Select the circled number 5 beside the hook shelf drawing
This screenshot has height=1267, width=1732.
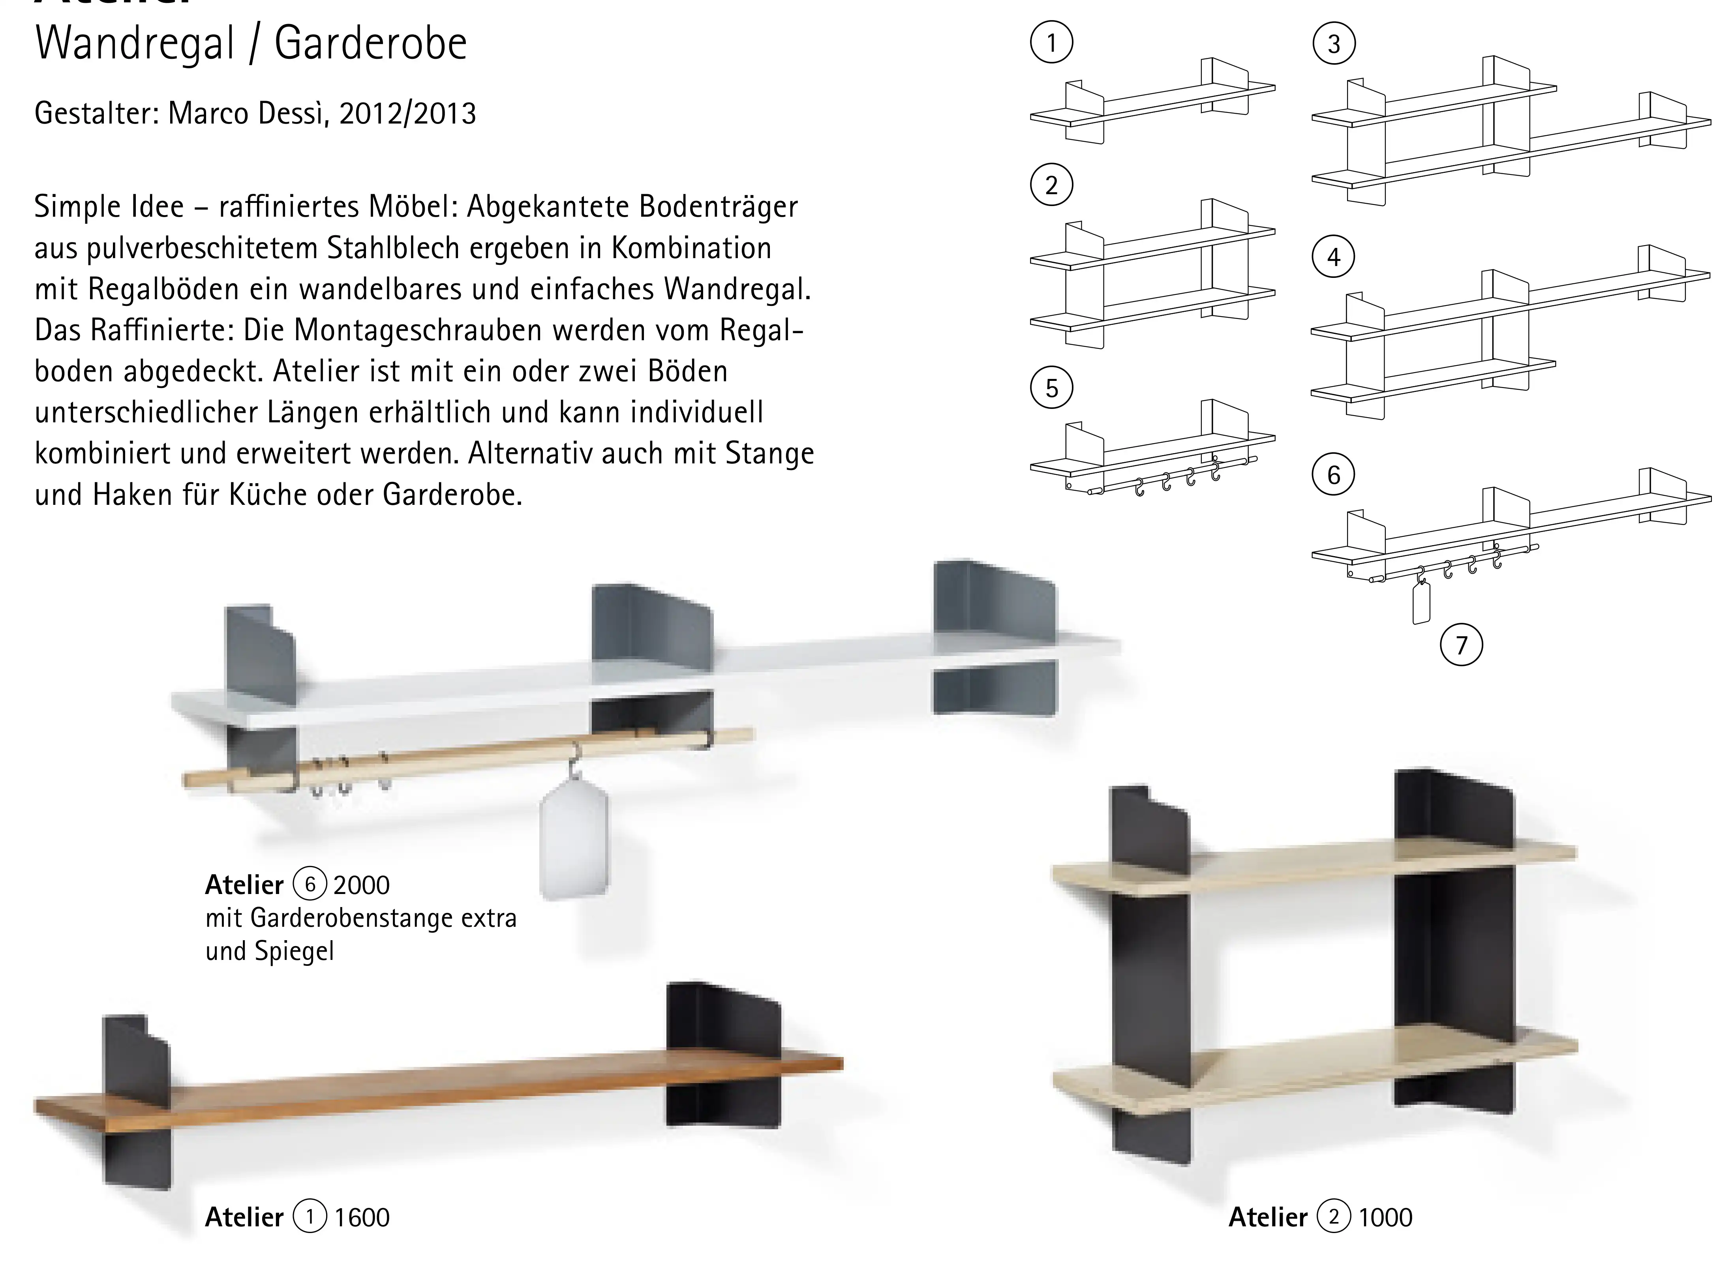[x=1051, y=388]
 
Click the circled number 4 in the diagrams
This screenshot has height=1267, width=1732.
[x=1334, y=257]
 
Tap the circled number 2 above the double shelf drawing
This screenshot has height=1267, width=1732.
[x=1051, y=186]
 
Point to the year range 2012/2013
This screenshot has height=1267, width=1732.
[x=407, y=114]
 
